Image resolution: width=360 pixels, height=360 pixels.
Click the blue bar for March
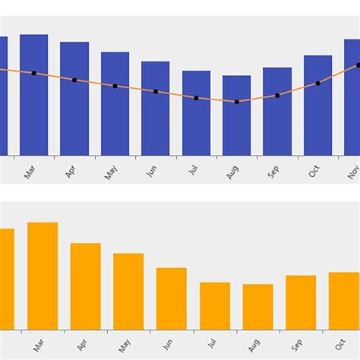coord(33,95)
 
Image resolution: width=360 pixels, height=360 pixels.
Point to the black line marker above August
coord(237,102)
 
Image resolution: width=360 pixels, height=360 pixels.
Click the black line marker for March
coord(33,73)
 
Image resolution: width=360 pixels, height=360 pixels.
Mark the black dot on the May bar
coord(115,86)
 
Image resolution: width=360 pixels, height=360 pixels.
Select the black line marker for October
coord(317,83)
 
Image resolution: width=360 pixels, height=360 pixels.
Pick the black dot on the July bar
coord(196,98)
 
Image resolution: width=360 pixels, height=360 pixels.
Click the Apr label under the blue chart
coord(71,172)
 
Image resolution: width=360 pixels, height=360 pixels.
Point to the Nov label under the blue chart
coord(353,172)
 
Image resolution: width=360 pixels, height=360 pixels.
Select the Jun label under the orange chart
coord(166,346)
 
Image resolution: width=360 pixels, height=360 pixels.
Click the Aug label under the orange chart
coord(252,346)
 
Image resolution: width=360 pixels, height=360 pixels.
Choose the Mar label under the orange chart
coord(37,346)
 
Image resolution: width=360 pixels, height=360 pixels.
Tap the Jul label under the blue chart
coord(192,172)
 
